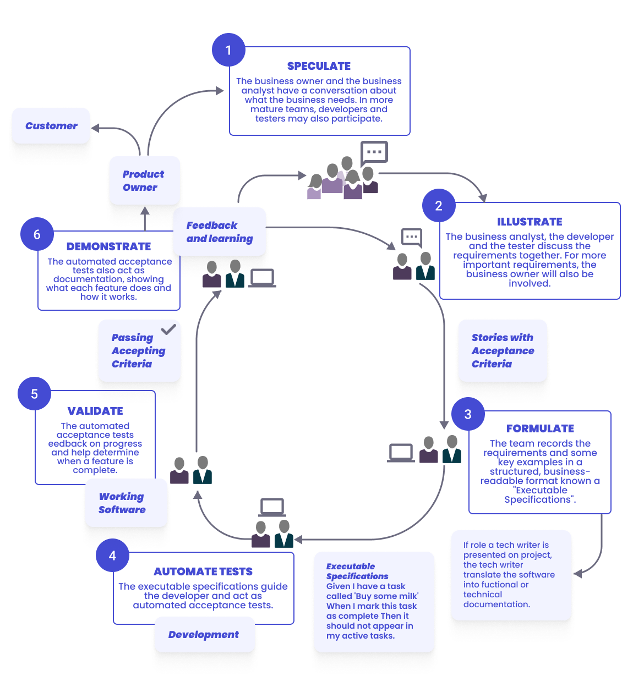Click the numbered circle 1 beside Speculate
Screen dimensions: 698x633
[228, 50]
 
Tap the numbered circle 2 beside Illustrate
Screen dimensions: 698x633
[439, 206]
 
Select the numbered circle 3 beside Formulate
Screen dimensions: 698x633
[468, 414]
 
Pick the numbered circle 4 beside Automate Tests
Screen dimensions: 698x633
[112, 556]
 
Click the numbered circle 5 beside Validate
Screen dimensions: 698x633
[34, 394]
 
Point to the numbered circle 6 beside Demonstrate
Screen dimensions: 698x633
[37, 234]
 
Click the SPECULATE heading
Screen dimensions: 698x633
[319, 66]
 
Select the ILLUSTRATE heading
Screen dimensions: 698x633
[530, 222]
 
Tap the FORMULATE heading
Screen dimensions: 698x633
[540, 428]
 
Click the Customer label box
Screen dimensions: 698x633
[51, 126]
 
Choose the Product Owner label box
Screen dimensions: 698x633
[144, 180]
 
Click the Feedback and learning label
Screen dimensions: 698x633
[220, 232]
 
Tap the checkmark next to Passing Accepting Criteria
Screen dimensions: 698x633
[168, 329]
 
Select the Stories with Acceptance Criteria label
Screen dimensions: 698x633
[503, 350]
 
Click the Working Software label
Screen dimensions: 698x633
[122, 503]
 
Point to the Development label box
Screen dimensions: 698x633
[204, 634]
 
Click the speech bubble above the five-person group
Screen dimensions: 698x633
[374, 152]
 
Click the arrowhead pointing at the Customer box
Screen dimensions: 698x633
[95, 128]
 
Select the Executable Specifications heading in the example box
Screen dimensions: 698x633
[357, 571]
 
